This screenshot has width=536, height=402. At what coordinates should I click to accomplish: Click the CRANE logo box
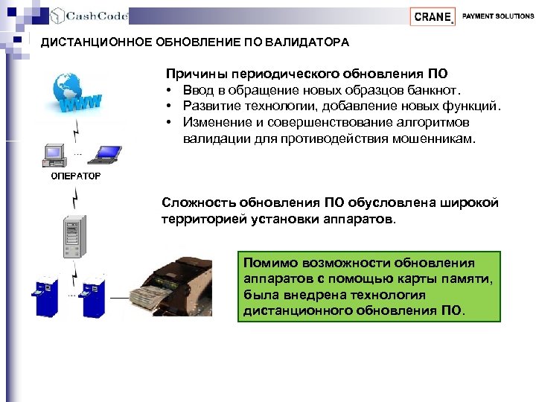pos(433,16)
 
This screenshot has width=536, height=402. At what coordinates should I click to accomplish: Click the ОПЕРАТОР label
pos(76,177)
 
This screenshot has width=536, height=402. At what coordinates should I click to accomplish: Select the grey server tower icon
pos(72,238)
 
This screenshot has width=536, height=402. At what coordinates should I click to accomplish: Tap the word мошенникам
pos(434,138)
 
